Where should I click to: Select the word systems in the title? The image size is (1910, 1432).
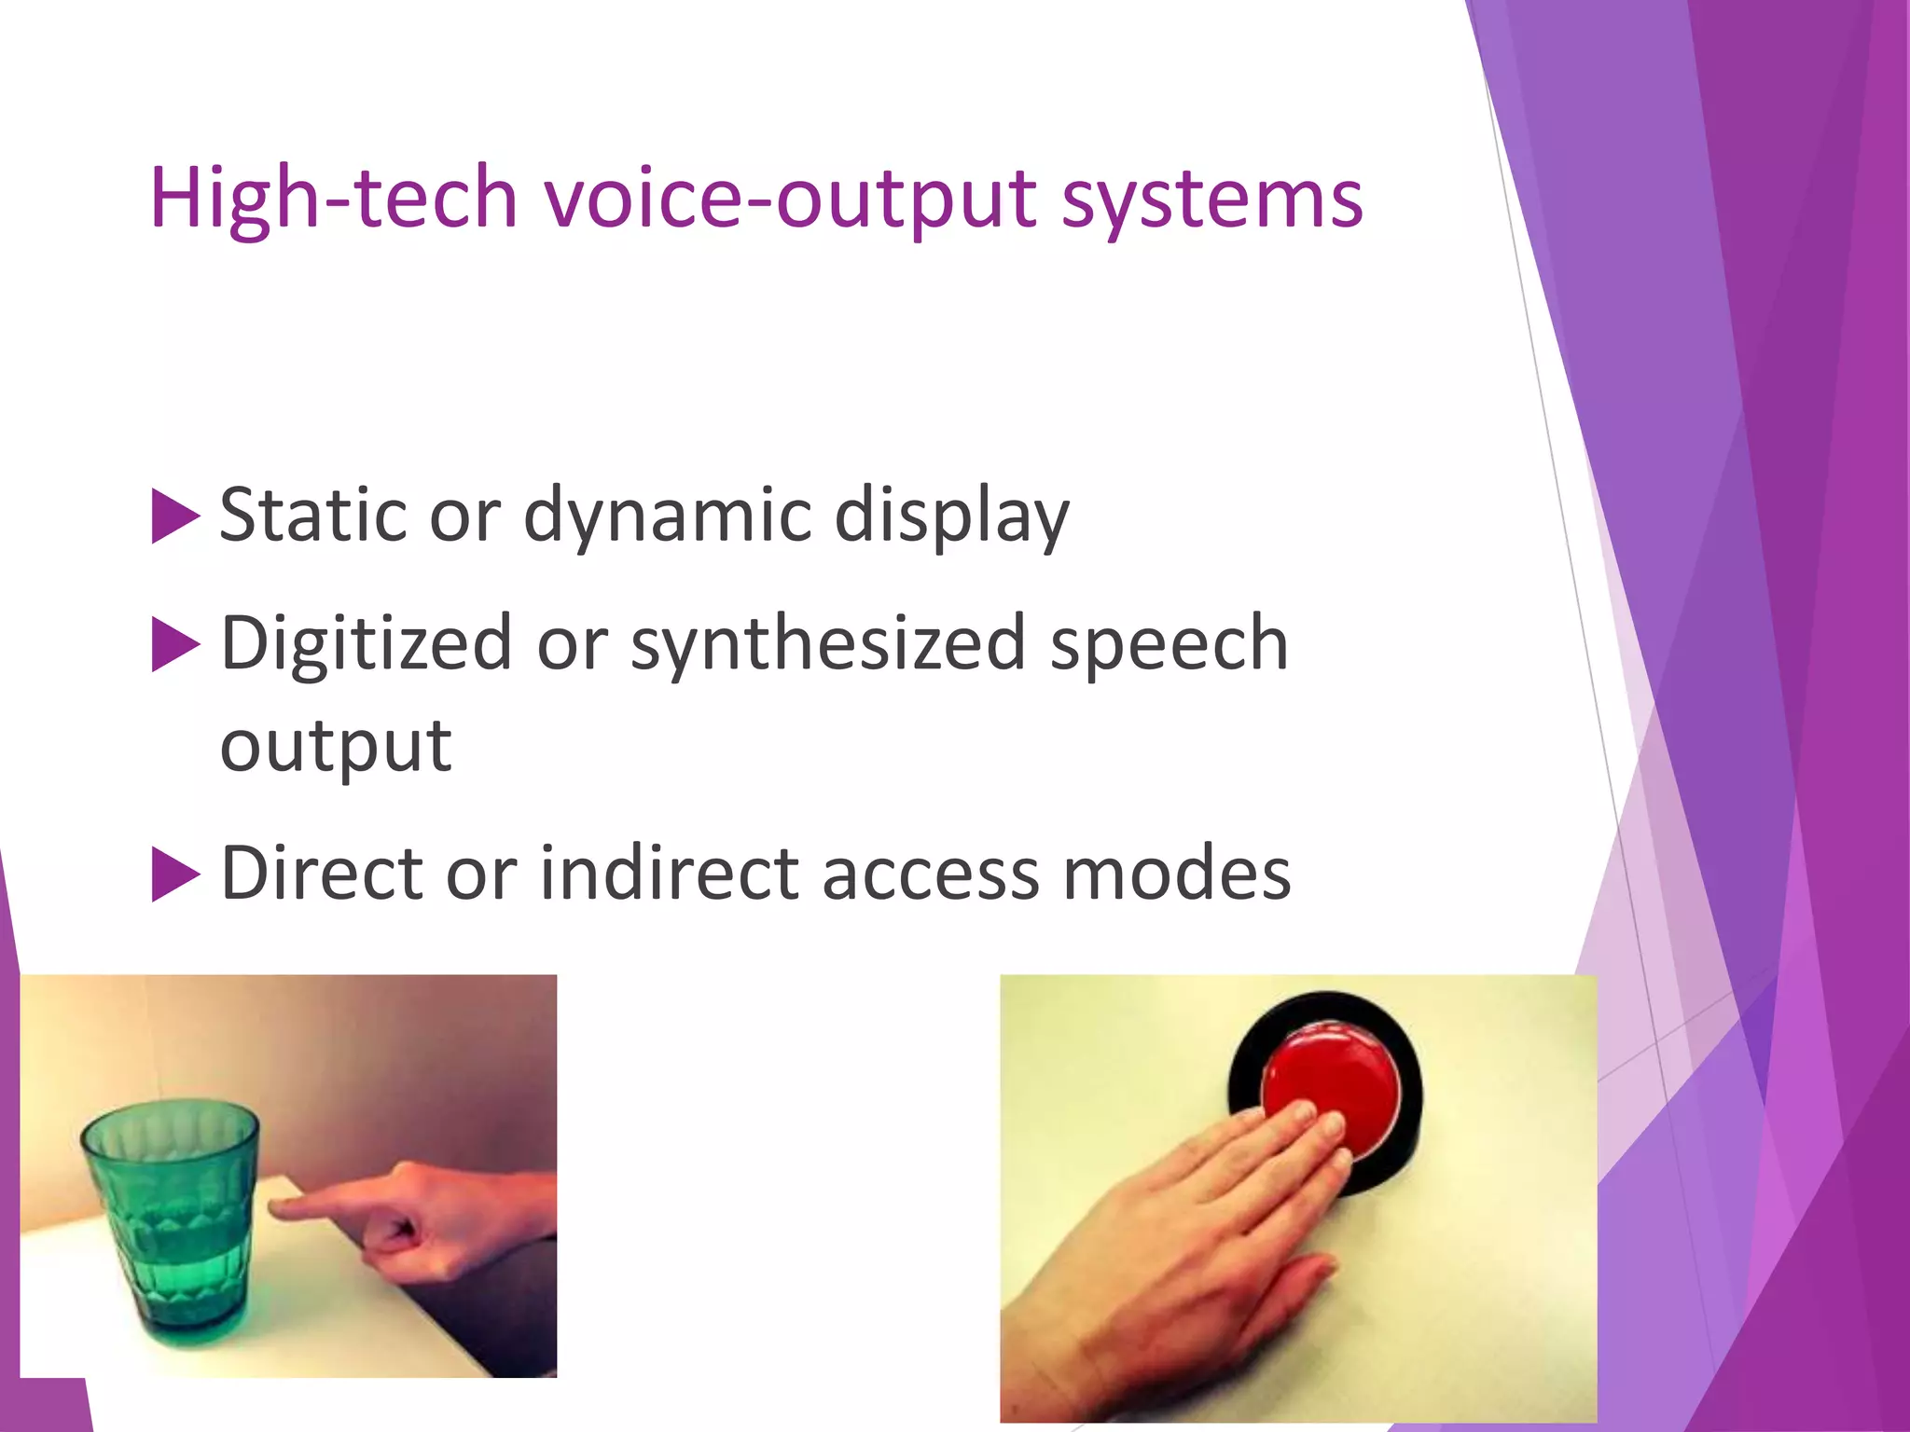[x=1211, y=199]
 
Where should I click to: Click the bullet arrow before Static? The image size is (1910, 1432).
[x=175, y=516]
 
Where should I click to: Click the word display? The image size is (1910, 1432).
[x=951, y=516]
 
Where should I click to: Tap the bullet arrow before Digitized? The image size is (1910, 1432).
[x=175, y=644]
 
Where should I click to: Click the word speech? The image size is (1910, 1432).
[x=1170, y=644]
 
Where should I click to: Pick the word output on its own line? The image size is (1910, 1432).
[x=336, y=746]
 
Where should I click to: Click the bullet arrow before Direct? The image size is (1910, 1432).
[x=175, y=874]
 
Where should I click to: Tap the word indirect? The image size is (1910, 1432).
[x=669, y=874]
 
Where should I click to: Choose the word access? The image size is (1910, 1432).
[x=930, y=874]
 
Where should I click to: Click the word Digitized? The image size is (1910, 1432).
[x=366, y=644]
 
